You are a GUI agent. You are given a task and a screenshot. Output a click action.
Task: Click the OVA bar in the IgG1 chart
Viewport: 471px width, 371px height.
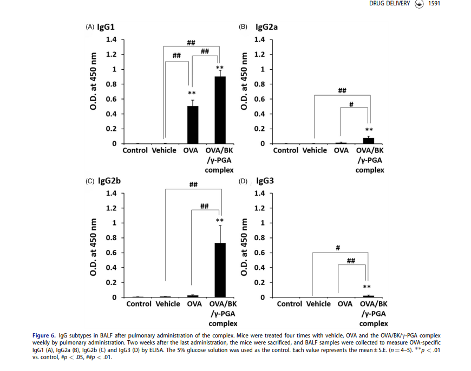tap(192, 124)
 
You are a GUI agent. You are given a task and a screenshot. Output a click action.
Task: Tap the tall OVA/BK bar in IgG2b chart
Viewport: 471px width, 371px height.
tap(220, 270)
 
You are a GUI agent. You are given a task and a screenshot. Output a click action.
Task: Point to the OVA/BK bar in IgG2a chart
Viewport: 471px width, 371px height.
tap(369, 141)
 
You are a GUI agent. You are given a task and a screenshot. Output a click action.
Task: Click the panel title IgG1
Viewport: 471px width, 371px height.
tap(105, 27)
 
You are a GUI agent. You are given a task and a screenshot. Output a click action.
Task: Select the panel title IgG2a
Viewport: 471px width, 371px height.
tap(266, 27)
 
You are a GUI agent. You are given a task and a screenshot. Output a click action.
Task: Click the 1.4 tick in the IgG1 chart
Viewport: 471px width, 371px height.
tap(111, 39)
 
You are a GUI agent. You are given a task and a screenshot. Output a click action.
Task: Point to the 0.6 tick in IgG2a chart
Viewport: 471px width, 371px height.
tap(259, 99)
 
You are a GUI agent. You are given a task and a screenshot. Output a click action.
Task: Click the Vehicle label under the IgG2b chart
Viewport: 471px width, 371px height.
tap(168, 304)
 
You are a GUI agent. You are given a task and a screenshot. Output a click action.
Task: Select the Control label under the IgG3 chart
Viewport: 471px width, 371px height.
tap(289, 304)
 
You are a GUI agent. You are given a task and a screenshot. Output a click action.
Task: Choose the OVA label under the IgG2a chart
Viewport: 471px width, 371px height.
tap(341, 150)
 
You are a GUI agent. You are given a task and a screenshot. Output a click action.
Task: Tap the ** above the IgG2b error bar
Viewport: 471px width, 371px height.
tap(220, 221)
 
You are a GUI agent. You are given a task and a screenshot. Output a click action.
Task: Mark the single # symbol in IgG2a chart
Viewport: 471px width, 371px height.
tap(351, 103)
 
